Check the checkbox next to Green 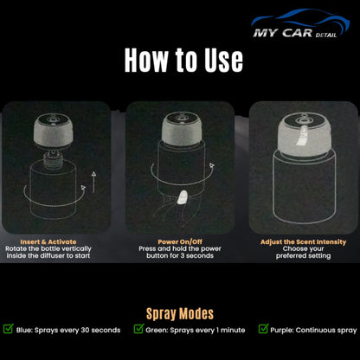coord(139,329)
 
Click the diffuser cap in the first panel coord(56,131)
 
